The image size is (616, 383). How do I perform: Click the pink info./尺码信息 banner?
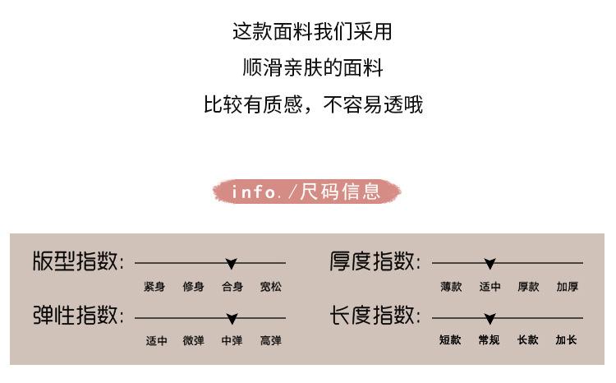coord(307,192)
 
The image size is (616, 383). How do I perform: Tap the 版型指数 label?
coord(78,262)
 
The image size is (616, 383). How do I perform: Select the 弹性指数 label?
coord(78,316)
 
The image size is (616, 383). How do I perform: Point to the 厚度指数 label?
coord(375,262)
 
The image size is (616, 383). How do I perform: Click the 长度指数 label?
coord(375,316)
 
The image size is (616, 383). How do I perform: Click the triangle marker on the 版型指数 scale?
coord(232,264)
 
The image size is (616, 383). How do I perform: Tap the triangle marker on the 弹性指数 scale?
coord(232,318)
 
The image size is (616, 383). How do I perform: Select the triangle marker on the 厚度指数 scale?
coord(490,264)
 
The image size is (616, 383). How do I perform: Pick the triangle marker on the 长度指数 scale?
coord(490,318)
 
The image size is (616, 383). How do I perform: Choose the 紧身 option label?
coord(154,287)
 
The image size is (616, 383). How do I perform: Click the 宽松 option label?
coord(271,287)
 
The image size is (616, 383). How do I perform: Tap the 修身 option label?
coord(193,287)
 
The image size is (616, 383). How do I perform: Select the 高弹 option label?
coord(271,340)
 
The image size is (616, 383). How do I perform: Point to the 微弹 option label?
coord(193,340)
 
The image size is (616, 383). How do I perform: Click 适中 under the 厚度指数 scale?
coord(490,287)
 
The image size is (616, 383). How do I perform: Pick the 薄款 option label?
coord(451,287)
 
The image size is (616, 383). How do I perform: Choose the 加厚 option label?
coord(568,287)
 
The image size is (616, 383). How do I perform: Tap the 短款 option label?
coord(450,339)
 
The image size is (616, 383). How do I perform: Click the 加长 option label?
coord(566,339)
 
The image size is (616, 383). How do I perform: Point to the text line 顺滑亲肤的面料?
coord(313,67)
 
